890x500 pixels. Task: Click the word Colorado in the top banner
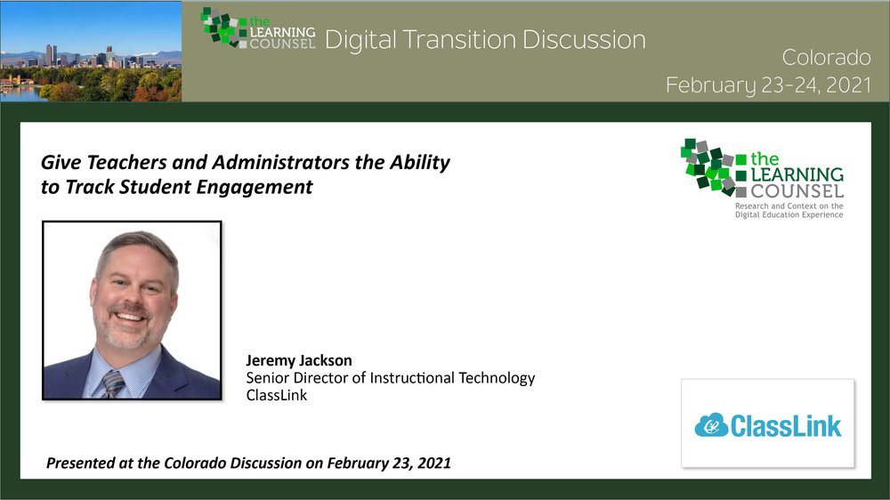pyautogui.click(x=826, y=57)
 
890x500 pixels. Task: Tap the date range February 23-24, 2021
pyautogui.click(x=769, y=85)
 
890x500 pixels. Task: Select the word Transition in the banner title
pyautogui.click(x=459, y=40)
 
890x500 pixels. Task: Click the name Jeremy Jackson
pyautogui.click(x=298, y=360)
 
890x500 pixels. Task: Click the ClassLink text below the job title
pyautogui.click(x=277, y=395)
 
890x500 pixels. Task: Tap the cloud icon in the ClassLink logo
pyautogui.click(x=711, y=425)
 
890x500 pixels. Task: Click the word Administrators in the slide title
pyautogui.click(x=281, y=162)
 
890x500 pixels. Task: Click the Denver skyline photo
pyautogui.click(x=91, y=51)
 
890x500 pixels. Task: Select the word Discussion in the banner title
pyautogui.click(x=584, y=40)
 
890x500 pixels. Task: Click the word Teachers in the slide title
pyautogui.click(x=126, y=162)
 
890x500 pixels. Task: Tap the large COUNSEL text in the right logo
pyautogui.click(x=797, y=190)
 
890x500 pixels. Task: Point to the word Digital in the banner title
pyautogui.click(x=360, y=41)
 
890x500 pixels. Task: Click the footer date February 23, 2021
pyautogui.click(x=389, y=464)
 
